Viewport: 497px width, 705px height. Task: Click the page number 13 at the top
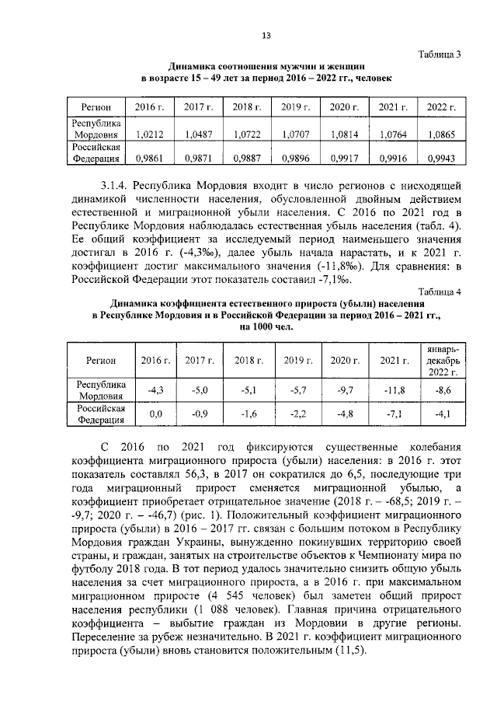pos(266,36)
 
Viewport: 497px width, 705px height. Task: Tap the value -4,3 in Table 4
pos(155,389)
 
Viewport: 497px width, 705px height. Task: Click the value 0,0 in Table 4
pos(155,414)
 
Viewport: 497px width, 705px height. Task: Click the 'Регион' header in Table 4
pos(101,361)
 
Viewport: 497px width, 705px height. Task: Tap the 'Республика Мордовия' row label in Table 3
pos(96,129)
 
